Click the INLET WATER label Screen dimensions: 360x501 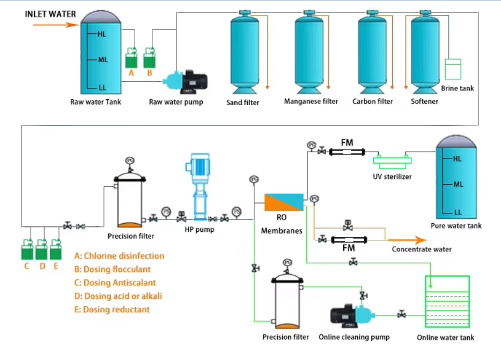pos(50,14)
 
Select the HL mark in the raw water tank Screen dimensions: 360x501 pos(102,34)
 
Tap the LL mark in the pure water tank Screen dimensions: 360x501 pos(457,212)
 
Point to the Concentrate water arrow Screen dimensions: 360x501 pos(408,240)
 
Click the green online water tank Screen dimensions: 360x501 pos(446,302)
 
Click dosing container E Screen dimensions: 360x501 pos(55,250)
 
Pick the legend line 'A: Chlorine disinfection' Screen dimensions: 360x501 pos(119,256)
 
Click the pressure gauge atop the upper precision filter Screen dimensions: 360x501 pos(129,160)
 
